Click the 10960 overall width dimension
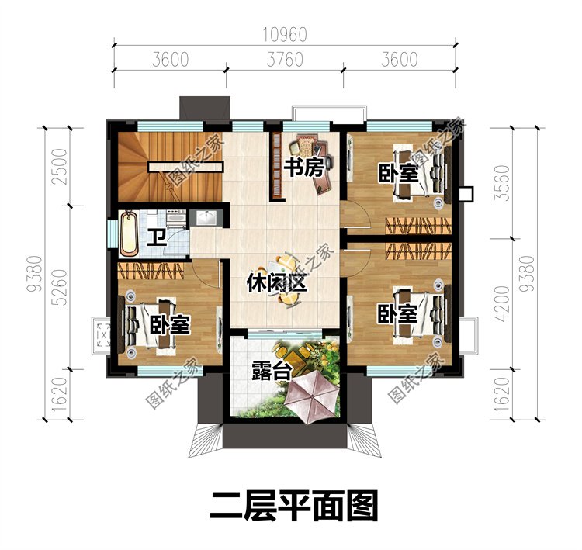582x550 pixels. [285, 35]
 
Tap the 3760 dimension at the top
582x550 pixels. [285, 60]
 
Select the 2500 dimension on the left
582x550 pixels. [60, 167]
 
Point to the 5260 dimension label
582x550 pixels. [60, 287]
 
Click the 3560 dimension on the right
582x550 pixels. [503, 183]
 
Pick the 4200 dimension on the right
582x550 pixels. [503, 303]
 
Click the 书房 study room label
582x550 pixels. [304, 168]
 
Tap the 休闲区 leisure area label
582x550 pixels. [277, 283]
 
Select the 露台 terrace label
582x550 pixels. [272, 370]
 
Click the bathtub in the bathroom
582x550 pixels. [129, 233]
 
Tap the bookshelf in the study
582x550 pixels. [276, 165]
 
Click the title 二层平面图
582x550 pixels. [294, 506]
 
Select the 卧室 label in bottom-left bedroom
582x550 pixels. [170, 325]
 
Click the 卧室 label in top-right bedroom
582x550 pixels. [398, 173]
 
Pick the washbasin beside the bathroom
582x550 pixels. [206, 217]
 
